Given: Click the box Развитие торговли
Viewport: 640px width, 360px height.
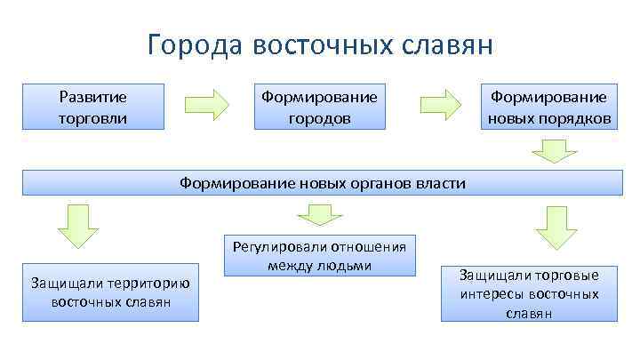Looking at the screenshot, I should click(93, 107).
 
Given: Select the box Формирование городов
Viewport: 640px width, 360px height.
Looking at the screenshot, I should click(319, 107).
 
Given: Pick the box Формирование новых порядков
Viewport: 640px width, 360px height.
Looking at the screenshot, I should click(548, 107).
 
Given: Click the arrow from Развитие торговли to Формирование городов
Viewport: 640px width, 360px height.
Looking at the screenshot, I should click(206, 105).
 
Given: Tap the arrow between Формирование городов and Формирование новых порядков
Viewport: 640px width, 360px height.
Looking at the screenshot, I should click(439, 105).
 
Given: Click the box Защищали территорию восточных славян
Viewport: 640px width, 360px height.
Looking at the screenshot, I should click(110, 292).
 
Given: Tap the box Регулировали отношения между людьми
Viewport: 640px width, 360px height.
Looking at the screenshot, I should click(319, 256).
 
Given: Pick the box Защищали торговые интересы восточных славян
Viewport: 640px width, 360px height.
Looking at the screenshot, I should click(530, 292).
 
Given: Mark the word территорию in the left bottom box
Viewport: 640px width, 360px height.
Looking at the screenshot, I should click(148, 284).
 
